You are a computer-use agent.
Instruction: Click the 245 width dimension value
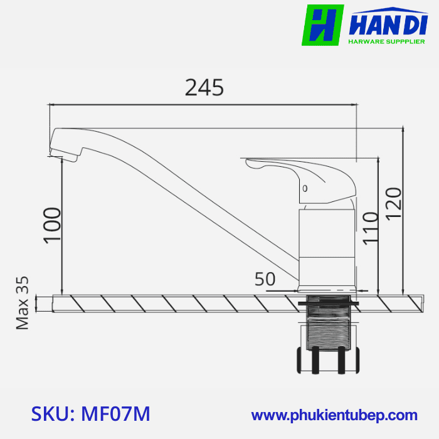(204, 88)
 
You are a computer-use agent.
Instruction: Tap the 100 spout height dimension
(53, 224)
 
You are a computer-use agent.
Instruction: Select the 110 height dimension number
(370, 227)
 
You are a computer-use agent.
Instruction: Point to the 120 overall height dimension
(394, 203)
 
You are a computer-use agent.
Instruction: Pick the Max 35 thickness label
(23, 303)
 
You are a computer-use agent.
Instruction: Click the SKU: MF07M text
(90, 414)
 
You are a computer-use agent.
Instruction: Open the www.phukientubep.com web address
(334, 415)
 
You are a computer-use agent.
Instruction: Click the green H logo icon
(322, 25)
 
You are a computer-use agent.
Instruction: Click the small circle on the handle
(305, 188)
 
